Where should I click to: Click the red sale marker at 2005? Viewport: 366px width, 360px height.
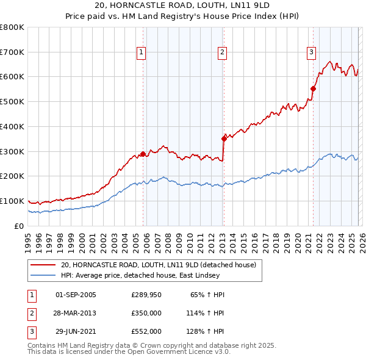143,154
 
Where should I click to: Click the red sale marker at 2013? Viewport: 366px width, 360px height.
224,139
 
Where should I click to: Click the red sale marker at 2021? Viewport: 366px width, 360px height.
314,88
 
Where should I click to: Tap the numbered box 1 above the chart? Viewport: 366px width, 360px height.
141,53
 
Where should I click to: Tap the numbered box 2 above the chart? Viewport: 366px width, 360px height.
222,53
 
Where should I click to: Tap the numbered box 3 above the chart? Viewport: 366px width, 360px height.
311,53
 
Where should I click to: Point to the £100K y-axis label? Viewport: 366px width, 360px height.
12,201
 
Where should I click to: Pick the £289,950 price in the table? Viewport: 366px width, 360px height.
146,295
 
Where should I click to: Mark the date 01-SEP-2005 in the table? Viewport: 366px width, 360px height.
76,295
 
